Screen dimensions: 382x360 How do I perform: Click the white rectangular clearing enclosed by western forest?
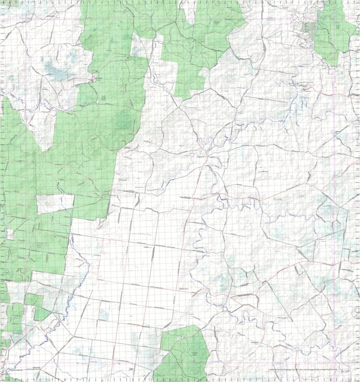[x=55, y=204]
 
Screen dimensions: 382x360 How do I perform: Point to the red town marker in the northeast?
[x=305, y=89]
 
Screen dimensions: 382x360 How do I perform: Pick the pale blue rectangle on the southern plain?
[x=104, y=315]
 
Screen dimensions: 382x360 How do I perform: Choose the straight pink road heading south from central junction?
[x=193, y=209]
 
